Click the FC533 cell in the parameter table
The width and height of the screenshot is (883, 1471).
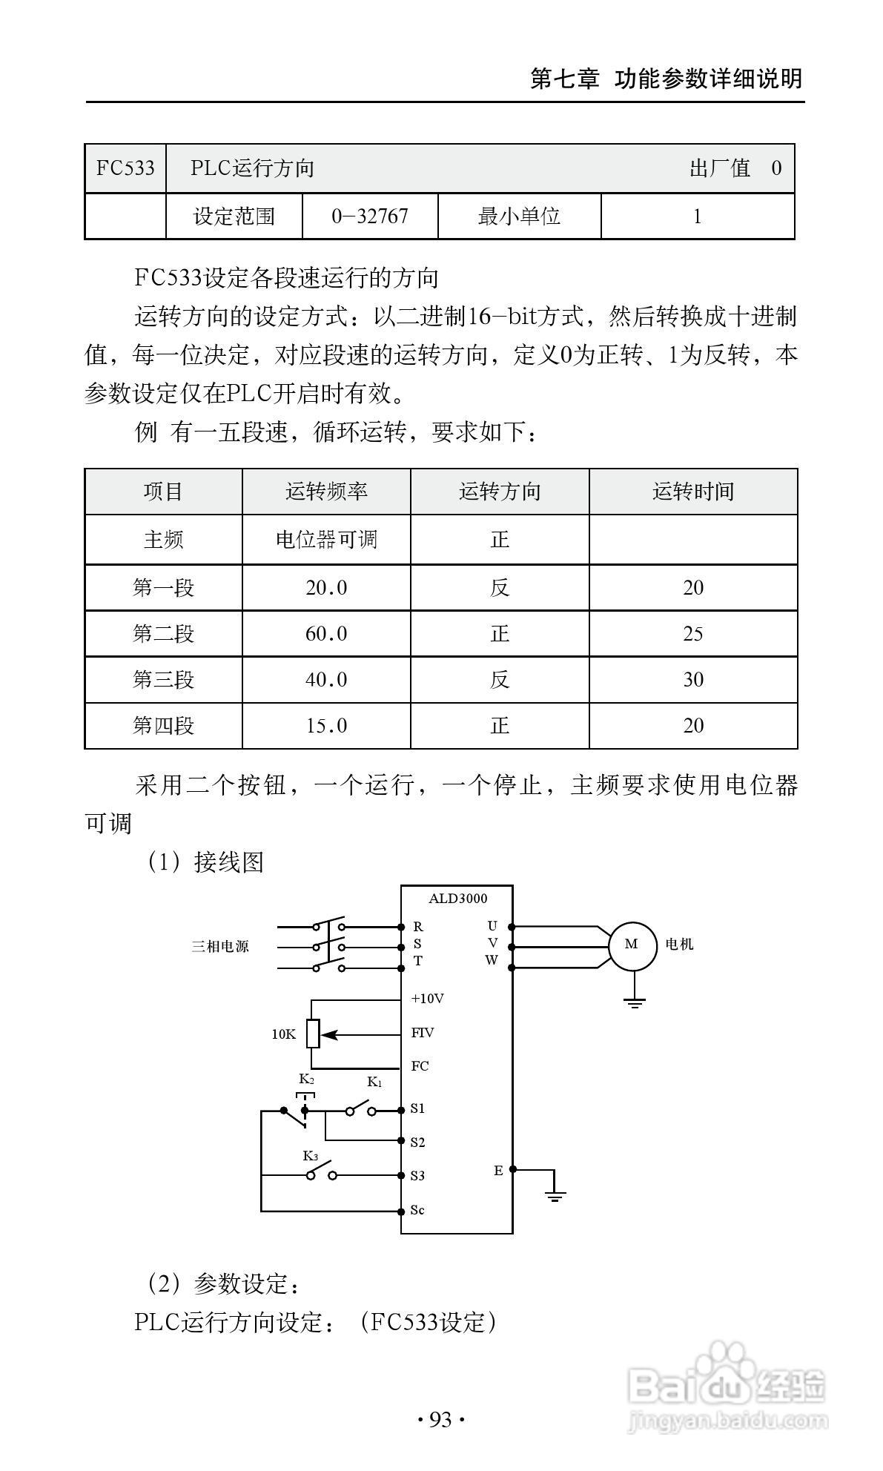pos(125,168)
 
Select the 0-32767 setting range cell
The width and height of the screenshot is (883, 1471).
pos(370,216)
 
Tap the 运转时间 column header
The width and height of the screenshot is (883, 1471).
pos(693,492)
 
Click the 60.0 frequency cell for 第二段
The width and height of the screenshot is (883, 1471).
pos(326,634)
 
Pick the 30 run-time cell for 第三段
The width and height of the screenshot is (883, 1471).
pos(693,680)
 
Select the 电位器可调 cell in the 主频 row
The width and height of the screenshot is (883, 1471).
pos(326,540)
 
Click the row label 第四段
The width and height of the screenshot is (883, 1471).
pos(163,726)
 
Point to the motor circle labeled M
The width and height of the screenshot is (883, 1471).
pos(632,944)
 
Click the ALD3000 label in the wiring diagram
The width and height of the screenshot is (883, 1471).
pos(457,899)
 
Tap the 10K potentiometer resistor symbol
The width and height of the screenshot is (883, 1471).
pos(313,1034)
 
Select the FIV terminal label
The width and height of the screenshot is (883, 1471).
pos(423,1033)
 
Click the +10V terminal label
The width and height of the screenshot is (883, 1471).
pos(427,999)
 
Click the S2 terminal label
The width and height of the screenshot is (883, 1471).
pos(417,1142)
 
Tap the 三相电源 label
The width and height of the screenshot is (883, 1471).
pos(220,947)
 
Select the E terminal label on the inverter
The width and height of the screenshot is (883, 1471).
pos(498,1171)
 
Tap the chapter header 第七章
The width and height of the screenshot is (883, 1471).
pos(564,78)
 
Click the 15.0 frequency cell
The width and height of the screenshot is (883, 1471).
pos(326,726)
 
